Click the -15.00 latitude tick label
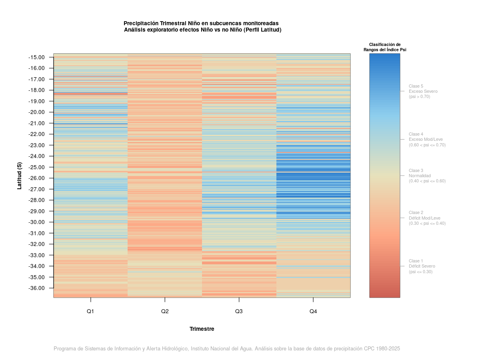(x=36, y=57)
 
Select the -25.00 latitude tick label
(x=36, y=167)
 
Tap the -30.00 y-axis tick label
(x=36, y=222)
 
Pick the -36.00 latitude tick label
(x=36, y=288)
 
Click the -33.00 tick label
(x=36, y=255)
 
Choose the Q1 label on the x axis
(x=90, y=311)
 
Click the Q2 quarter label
(x=165, y=311)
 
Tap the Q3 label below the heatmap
(x=239, y=311)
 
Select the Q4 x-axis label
(x=313, y=311)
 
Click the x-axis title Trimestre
(x=202, y=329)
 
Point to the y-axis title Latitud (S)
(x=20, y=176)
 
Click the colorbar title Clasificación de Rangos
(x=385, y=47)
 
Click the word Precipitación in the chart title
(x=141, y=23)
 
